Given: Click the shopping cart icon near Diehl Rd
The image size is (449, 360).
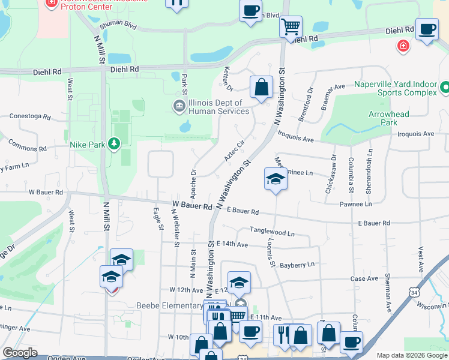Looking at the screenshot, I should (291, 26).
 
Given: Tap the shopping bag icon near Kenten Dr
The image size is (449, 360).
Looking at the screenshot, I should (262, 88).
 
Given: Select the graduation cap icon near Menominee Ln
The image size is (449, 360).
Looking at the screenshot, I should (276, 179).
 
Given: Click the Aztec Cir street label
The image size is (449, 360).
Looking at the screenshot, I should (235, 150).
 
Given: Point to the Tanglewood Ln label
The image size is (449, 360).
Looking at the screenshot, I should (273, 232).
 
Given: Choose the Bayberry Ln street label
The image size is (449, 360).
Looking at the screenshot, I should (297, 265).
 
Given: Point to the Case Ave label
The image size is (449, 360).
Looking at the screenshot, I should (364, 278).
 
